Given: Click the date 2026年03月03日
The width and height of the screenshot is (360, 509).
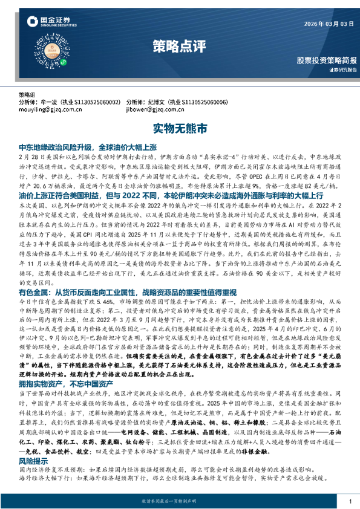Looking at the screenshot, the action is [326, 24].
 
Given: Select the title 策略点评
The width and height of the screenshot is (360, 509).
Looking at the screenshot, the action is [177, 46].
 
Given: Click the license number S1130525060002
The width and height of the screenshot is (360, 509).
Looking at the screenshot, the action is [96, 103].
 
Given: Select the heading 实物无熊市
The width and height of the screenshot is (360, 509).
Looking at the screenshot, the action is [180, 129].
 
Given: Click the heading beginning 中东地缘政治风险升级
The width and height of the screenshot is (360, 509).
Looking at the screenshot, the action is [88, 147].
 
